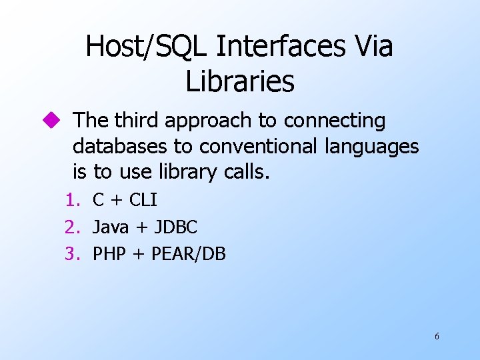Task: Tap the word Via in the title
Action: click(372, 47)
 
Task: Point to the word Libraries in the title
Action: click(239, 82)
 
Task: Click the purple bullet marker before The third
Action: click(53, 121)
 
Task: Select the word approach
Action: click(209, 121)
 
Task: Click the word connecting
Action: click(335, 121)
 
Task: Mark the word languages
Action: click(371, 147)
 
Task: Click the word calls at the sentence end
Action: click(245, 172)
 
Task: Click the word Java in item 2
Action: click(111, 227)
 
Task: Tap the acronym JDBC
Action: click(176, 227)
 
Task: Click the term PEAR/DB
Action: click(189, 254)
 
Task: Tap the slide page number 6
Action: click(437, 337)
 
